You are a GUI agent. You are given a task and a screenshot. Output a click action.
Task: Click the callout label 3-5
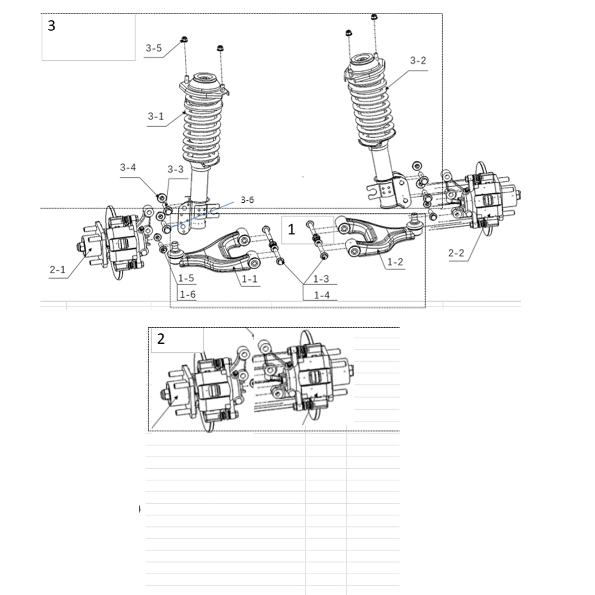click(x=154, y=48)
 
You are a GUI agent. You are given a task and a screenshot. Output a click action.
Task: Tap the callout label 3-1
click(x=156, y=116)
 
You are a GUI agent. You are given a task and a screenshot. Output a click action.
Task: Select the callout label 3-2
click(x=418, y=61)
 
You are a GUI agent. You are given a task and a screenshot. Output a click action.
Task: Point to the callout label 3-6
click(x=247, y=200)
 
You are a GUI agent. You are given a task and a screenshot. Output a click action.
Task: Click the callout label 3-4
click(x=128, y=167)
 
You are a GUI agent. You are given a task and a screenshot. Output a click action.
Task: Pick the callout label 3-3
click(x=175, y=169)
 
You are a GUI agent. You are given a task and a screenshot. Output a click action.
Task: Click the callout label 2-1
click(x=58, y=270)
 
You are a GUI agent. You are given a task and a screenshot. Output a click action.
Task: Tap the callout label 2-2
click(x=456, y=253)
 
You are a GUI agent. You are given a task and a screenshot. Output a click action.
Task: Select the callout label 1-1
click(x=249, y=279)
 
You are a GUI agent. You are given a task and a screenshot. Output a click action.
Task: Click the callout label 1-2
click(x=395, y=262)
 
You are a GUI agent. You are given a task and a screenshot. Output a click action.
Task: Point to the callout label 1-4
click(x=322, y=295)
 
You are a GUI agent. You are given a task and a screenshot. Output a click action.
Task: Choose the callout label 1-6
click(x=187, y=295)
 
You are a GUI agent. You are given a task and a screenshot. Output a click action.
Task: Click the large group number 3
click(x=52, y=26)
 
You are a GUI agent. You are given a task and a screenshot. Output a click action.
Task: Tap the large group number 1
click(x=291, y=230)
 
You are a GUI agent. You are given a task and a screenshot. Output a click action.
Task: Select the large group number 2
click(x=161, y=339)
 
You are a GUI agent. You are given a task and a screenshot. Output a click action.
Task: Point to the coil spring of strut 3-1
click(x=202, y=129)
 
